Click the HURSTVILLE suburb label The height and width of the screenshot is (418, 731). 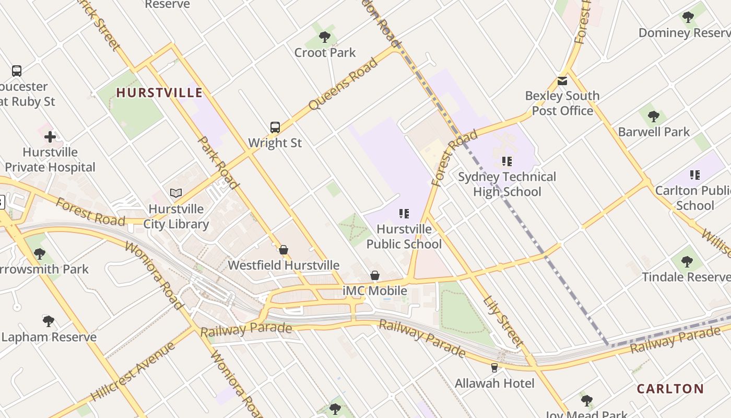tap(159, 93)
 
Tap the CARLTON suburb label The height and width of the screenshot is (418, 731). tap(670, 389)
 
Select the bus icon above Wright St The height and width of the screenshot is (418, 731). tap(275, 127)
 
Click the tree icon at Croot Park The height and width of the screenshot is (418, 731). tap(325, 37)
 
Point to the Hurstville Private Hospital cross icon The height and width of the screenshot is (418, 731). tap(50, 137)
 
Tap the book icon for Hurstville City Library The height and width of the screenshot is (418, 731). tap(176, 193)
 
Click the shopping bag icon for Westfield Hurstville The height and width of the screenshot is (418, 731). tap(284, 250)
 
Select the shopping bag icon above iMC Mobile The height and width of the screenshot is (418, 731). tap(375, 275)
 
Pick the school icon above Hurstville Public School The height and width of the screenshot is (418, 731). tap(404, 214)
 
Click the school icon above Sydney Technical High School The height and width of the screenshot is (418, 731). tap(506, 161)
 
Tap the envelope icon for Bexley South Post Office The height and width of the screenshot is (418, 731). tap(562, 81)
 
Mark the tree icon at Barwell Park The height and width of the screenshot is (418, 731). tap(653, 117)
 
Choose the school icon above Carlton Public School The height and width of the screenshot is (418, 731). tap(694, 175)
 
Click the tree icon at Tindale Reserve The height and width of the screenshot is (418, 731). tap(687, 261)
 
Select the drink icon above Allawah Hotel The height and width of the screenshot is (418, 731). tap(494, 368)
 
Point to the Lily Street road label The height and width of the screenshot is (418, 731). tap(503, 322)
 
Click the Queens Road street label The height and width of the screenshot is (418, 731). tap(343, 84)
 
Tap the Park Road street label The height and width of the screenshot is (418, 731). tap(218, 162)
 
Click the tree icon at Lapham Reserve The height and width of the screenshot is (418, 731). tap(49, 321)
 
